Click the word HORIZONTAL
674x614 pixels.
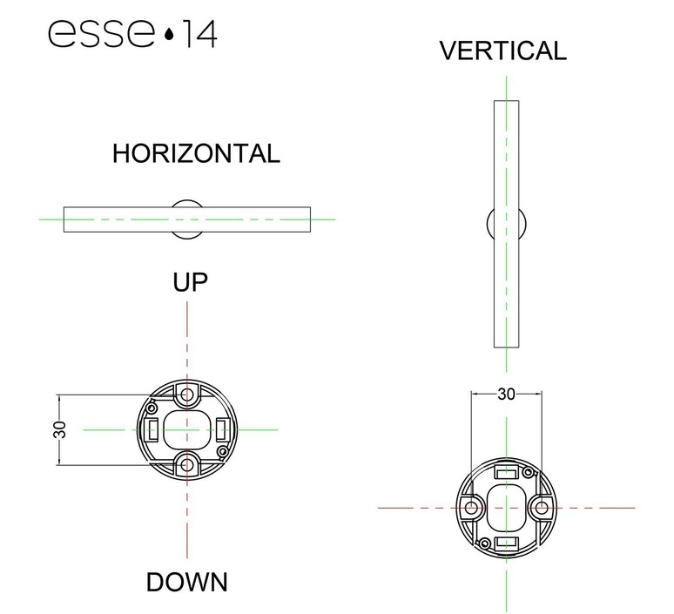pos(196,154)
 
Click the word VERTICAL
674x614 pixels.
pos(502,51)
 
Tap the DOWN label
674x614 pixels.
pos(186,581)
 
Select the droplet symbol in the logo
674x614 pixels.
pos(167,36)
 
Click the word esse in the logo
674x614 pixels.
pos(101,35)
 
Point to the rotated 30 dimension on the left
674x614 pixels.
pos(60,429)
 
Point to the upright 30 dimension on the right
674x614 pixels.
pos(506,394)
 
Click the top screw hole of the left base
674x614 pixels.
pos(186,395)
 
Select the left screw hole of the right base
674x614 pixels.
pos(472,507)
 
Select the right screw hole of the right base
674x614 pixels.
pos(540,507)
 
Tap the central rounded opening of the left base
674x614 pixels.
pos(186,429)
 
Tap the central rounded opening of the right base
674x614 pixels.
pos(506,507)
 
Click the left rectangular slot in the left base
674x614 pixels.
pos(152,429)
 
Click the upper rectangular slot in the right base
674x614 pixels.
pos(506,472)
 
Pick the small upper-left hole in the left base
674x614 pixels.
pos(153,407)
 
